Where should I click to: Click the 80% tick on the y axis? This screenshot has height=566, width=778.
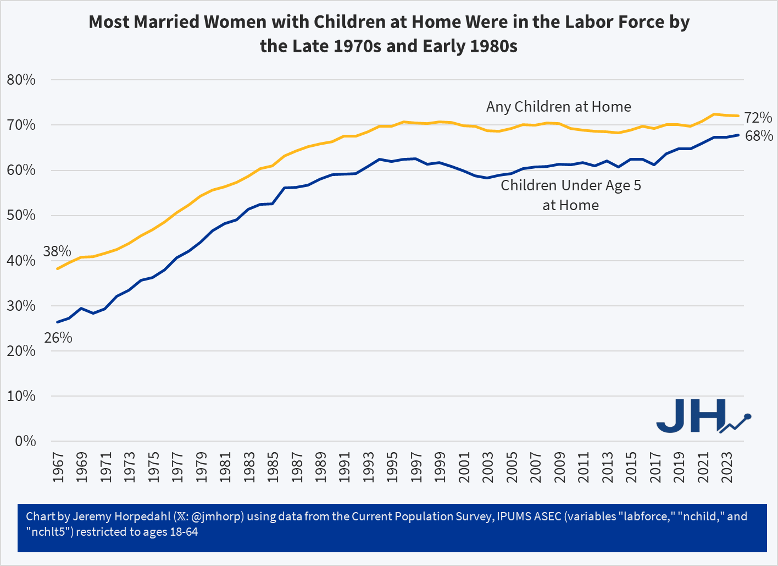[x=21, y=80]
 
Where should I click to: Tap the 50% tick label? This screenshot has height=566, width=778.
[x=21, y=215]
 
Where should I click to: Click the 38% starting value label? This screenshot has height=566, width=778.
[x=57, y=251]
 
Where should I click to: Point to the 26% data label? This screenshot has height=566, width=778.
[x=58, y=338]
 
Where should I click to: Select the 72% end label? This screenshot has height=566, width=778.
[x=758, y=118]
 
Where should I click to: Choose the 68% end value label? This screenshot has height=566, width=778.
[x=759, y=136]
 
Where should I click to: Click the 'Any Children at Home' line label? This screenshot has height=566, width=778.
[x=558, y=107]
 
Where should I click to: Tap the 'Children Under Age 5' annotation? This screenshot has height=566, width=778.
[x=570, y=185]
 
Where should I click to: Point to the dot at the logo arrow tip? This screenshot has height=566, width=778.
[x=748, y=416]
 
